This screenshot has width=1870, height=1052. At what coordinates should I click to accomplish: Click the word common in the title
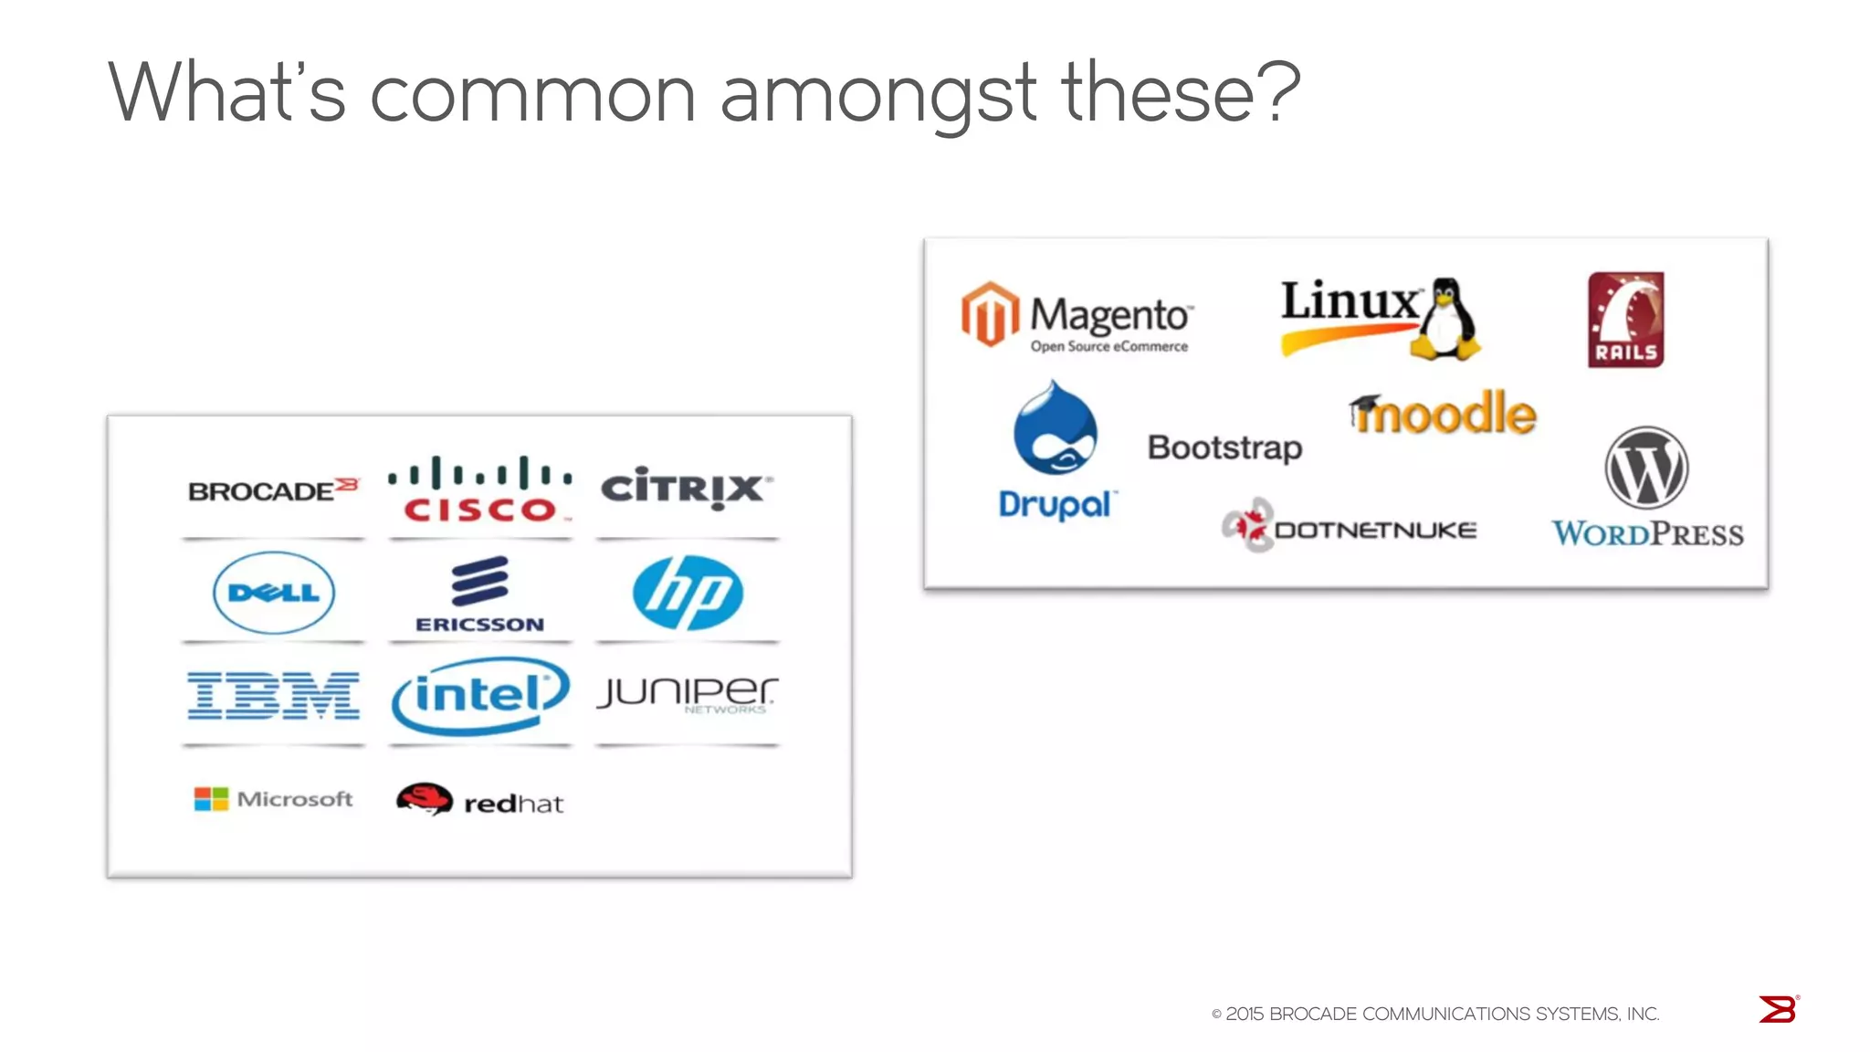532,94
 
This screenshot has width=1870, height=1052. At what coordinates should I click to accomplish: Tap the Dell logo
274,593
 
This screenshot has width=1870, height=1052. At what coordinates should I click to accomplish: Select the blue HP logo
688,593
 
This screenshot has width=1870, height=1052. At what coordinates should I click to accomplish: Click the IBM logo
274,696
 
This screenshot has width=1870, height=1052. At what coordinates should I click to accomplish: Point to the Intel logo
480,696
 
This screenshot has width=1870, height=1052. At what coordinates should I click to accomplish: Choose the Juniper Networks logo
688,695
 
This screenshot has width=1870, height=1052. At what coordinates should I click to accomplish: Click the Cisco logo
480,489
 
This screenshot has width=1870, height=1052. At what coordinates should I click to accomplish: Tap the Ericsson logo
480,594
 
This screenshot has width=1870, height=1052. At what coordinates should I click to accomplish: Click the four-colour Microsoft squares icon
211,799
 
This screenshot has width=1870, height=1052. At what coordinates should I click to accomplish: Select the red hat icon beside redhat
424,799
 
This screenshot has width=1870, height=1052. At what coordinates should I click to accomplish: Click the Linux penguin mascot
1445,319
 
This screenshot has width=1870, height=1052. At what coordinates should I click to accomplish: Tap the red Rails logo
1625,320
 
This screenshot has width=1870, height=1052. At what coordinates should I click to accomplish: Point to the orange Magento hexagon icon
990,314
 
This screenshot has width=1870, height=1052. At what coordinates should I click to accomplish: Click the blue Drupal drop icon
1056,429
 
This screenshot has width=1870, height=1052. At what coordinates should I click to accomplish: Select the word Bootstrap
1224,447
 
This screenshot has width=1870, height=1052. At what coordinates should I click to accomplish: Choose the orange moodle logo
1444,414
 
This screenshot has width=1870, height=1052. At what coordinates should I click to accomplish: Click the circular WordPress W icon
1646,468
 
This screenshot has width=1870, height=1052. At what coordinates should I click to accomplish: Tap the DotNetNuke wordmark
1374,531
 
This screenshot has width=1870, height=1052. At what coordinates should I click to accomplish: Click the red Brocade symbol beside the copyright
1778,1009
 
